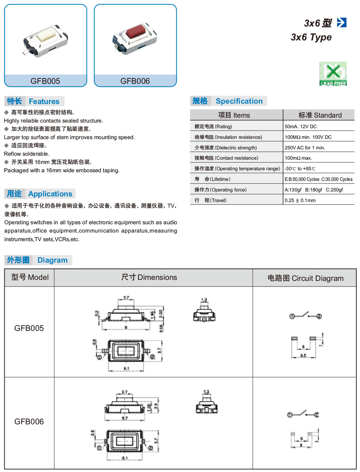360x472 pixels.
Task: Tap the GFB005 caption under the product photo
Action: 45,81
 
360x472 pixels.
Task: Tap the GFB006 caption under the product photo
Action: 135,81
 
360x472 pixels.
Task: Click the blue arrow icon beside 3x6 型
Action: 341,23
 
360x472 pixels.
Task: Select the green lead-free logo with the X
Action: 333,74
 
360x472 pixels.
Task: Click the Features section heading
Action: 44,101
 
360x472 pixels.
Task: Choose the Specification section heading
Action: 239,101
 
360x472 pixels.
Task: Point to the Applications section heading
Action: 50,194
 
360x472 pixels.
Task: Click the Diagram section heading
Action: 52,260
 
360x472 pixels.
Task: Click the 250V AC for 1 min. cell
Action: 305,148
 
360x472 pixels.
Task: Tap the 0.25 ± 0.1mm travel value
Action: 300,200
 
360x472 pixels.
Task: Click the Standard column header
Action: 320,115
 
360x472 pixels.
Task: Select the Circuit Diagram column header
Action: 305,278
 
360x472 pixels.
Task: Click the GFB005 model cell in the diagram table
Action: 29,328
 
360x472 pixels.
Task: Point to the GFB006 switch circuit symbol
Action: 303,414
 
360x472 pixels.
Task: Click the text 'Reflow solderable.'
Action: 27,154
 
